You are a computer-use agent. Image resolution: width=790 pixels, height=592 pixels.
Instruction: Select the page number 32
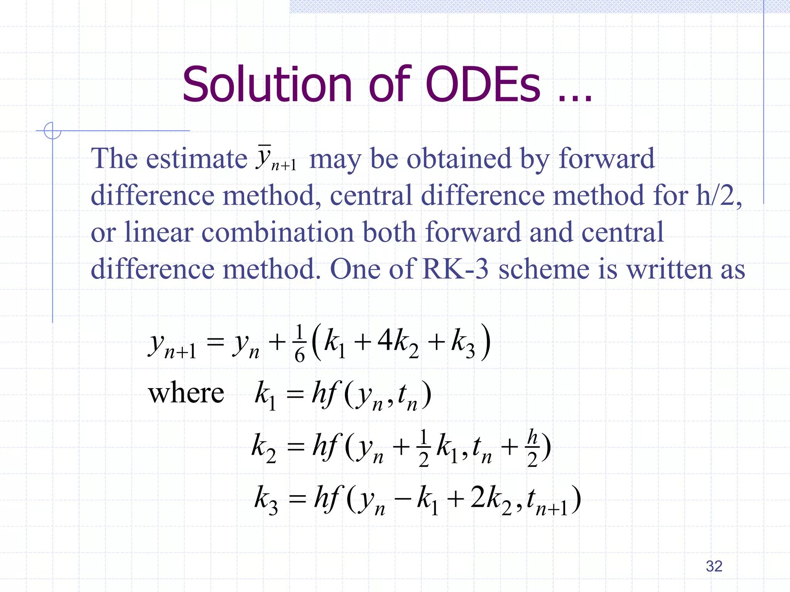(714, 566)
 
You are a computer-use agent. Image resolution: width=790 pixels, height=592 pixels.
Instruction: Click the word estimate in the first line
(197, 158)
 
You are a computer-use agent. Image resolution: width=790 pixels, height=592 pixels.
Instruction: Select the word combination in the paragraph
(277, 232)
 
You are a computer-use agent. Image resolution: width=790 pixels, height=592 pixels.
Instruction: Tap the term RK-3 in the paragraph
(455, 269)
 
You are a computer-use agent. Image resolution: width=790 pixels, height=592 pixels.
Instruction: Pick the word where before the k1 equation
(186, 394)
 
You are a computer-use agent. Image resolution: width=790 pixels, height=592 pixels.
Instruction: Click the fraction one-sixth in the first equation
(300, 343)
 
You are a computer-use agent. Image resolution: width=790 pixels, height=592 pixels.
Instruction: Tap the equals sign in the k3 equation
(297, 499)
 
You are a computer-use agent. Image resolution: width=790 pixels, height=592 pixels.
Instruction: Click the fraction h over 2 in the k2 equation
(532, 448)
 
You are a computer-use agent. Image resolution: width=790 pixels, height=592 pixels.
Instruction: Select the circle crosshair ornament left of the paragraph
(52, 131)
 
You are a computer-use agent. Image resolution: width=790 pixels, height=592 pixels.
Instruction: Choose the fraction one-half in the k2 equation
(424, 448)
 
